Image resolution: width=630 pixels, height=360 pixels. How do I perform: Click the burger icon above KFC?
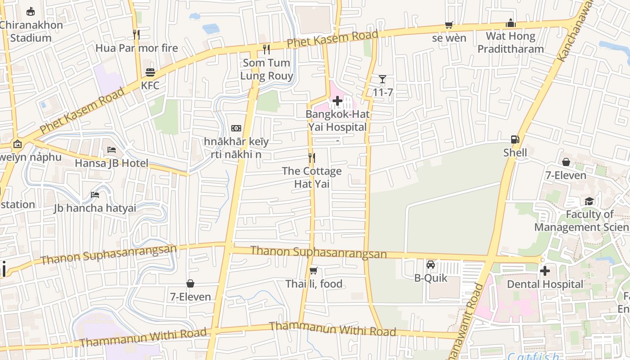pyautogui.click(x=150, y=72)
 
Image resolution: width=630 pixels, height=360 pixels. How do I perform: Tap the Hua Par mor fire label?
pyautogui.click(x=137, y=48)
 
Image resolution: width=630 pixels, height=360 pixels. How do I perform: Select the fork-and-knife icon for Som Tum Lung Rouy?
pyautogui.click(x=266, y=49)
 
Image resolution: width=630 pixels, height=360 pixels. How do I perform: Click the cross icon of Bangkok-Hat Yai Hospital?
pyautogui.click(x=337, y=101)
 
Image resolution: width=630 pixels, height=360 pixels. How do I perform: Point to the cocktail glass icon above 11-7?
pyautogui.click(x=382, y=80)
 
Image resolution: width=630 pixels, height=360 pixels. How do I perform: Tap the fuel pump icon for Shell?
pyautogui.click(x=515, y=139)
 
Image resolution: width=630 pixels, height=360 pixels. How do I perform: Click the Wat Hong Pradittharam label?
pyautogui.click(x=510, y=42)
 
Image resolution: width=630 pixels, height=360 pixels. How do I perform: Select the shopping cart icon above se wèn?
pyautogui.click(x=449, y=25)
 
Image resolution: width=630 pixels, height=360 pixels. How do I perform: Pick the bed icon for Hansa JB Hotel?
pyautogui.click(x=112, y=150)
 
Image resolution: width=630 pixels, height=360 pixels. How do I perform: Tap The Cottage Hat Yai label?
pyautogui.click(x=311, y=177)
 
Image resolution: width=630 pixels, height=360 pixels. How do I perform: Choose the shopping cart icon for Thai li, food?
pyautogui.click(x=314, y=270)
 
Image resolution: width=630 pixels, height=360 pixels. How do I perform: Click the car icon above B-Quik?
pyautogui.click(x=431, y=264)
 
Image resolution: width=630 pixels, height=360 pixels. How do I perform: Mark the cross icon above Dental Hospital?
pyautogui.click(x=544, y=271)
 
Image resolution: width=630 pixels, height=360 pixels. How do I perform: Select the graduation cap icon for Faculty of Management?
pyautogui.click(x=589, y=201)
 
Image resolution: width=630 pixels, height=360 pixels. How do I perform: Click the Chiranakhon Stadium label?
pyautogui.click(x=31, y=31)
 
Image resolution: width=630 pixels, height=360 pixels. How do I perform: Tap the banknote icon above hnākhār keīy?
pyautogui.click(x=236, y=128)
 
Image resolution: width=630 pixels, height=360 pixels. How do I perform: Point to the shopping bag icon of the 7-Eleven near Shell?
pyautogui.click(x=566, y=162)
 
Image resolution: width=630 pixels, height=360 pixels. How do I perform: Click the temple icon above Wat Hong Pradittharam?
pyautogui.click(x=510, y=23)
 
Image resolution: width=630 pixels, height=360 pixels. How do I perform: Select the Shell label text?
pyautogui.click(x=515, y=153)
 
